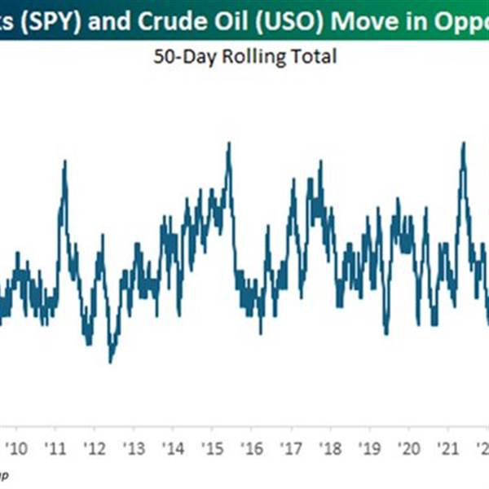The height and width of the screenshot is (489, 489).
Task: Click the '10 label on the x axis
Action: (x=18, y=447)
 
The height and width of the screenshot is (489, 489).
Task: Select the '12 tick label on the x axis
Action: (x=95, y=447)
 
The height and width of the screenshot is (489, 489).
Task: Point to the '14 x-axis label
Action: (x=173, y=447)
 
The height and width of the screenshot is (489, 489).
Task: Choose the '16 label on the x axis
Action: (x=251, y=447)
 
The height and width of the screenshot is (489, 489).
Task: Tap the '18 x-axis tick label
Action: (x=329, y=447)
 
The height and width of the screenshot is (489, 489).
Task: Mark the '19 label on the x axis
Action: (x=368, y=447)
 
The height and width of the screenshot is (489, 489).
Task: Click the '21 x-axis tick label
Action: (x=447, y=447)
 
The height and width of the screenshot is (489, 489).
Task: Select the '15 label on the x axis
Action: (x=212, y=447)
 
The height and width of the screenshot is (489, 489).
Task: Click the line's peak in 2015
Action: (x=229, y=144)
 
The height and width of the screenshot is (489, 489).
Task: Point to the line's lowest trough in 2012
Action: (x=110, y=361)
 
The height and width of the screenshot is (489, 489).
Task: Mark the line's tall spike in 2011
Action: (x=64, y=161)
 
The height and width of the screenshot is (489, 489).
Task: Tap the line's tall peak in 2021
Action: (x=463, y=143)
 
